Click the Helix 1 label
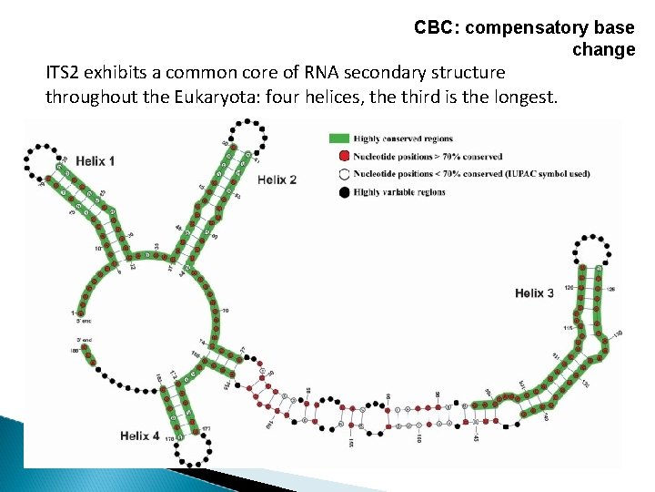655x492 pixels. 95,161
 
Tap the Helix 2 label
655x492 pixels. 277,179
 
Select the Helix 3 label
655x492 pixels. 534,292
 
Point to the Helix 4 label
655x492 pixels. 139,436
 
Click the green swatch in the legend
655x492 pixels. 338,139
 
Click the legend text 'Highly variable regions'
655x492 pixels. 399,192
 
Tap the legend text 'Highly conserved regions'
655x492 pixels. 403,139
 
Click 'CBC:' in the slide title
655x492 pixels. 436,28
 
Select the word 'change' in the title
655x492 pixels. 604,50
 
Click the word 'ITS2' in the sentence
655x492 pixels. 65,72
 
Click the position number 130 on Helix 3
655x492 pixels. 618,333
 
